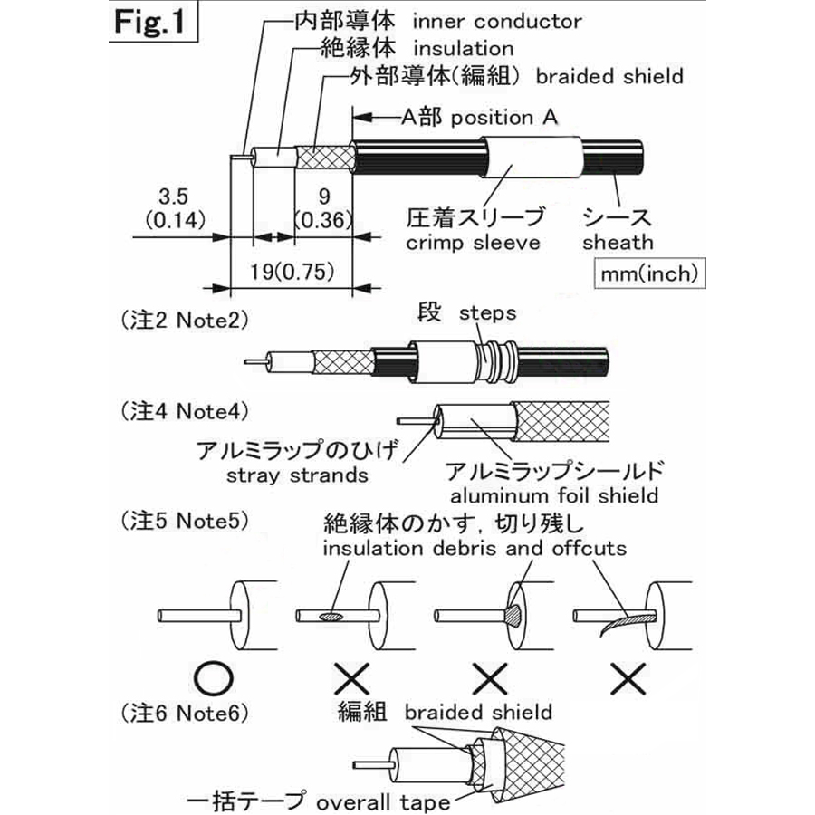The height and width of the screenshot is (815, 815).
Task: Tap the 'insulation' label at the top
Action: tap(463, 48)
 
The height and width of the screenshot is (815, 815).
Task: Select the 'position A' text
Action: tap(504, 117)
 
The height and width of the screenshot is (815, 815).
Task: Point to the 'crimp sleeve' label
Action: tap(473, 243)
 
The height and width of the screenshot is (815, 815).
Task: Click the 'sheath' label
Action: tap(618, 243)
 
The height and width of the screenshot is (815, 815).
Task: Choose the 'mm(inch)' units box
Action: tap(648, 273)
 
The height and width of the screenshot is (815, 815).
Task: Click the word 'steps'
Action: tap(487, 313)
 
